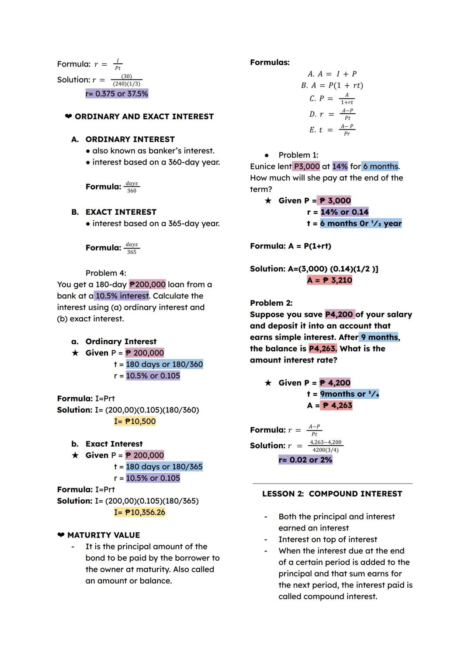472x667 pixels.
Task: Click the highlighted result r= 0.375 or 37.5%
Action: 117,94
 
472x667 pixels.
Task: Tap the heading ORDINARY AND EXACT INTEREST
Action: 144,116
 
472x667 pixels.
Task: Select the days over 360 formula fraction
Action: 132,187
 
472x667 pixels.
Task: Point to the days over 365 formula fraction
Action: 132,248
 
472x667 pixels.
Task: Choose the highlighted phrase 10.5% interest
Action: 121,296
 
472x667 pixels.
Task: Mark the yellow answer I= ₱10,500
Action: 135,421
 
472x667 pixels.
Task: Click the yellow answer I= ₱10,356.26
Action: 139,512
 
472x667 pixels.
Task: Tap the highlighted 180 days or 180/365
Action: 164,467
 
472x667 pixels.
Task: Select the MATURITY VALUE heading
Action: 104,535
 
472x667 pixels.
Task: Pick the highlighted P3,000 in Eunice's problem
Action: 307,166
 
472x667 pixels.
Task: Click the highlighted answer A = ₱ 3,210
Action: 330,280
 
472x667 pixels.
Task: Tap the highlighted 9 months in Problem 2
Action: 379,337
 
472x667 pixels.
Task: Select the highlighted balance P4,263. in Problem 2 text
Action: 323,349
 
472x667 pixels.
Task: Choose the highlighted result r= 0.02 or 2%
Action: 305,460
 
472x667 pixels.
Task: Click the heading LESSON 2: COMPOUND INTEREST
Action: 332,494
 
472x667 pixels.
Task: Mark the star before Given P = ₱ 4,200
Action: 268,383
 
